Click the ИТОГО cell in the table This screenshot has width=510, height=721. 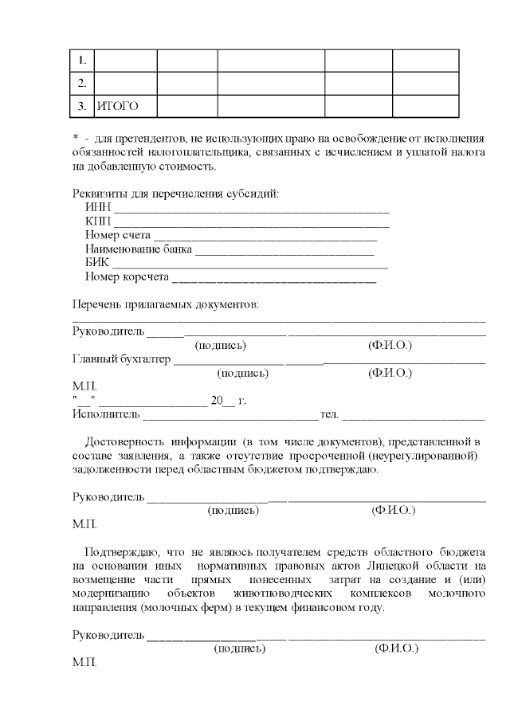(x=117, y=105)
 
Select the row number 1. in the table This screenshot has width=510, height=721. (x=82, y=61)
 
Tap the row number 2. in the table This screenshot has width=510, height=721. (x=82, y=83)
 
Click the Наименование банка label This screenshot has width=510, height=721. (x=139, y=249)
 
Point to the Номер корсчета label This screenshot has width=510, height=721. (x=127, y=276)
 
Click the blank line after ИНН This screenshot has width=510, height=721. (x=251, y=210)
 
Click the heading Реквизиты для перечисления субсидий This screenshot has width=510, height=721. (x=175, y=193)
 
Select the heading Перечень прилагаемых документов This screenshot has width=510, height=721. (x=166, y=304)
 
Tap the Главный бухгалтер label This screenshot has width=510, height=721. (x=122, y=359)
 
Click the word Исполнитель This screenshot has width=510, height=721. (x=106, y=413)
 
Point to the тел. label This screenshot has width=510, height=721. (x=329, y=413)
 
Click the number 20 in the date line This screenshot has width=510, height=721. (x=216, y=401)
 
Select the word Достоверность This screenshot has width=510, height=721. (x=124, y=441)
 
